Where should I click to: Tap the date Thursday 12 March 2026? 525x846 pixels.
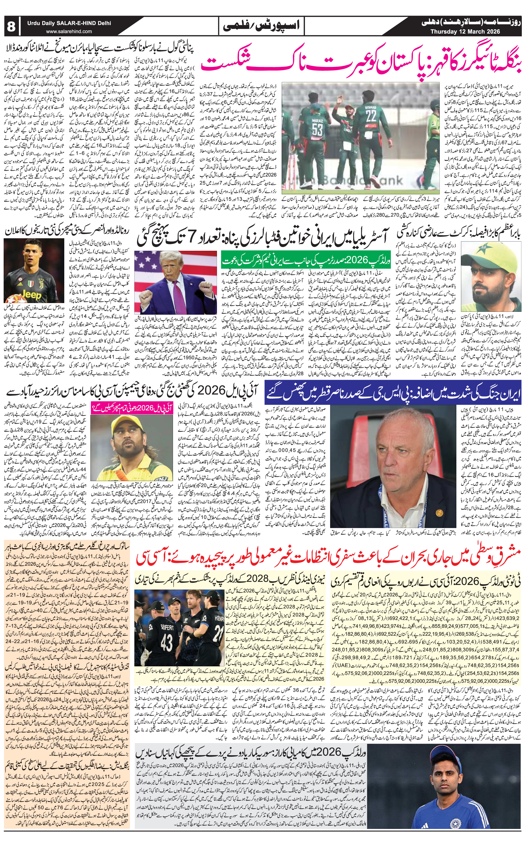click(x=465, y=32)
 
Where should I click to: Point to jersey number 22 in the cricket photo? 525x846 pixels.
click(x=371, y=115)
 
